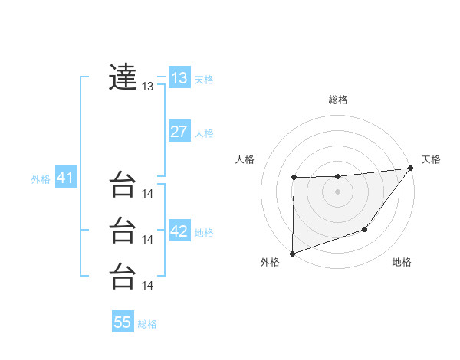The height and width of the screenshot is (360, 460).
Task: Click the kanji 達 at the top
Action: [123, 77]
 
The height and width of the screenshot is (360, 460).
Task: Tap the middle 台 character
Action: [123, 229]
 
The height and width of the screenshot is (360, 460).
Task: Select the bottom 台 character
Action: [123, 275]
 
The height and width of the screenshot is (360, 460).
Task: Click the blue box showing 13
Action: [179, 78]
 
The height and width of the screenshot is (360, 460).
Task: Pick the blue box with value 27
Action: [179, 132]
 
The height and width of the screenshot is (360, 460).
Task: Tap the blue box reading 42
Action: [179, 231]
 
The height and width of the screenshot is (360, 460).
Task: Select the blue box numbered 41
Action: [65, 178]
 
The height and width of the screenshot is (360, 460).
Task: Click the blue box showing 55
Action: [123, 322]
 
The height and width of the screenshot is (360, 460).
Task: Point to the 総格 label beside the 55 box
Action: [147, 324]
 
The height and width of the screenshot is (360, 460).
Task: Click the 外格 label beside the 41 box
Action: [41, 179]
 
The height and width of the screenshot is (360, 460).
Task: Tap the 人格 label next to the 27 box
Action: [204, 133]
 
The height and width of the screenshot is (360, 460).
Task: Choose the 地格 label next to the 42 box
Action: [204, 233]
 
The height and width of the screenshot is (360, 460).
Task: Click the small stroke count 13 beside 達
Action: [148, 87]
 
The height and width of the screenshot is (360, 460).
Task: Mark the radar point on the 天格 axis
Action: [411, 169]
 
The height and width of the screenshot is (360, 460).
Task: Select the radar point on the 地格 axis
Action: [366, 229]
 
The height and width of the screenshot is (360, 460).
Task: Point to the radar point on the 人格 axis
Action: [294, 178]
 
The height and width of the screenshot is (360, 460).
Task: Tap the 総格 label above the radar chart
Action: [337, 100]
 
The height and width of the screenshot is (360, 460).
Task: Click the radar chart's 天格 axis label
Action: [431, 159]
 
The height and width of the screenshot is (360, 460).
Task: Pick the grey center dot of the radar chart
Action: [337, 191]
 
